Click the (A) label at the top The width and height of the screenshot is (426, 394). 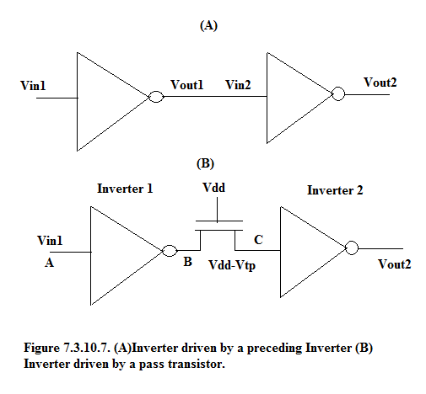pyautogui.click(x=208, y=25)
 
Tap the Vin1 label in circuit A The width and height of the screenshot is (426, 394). pyautogui.click(x=33, y=86)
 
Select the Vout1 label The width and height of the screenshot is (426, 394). pyautogui.click(x=187, y=85)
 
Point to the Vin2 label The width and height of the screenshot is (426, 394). pyautogui.click(x=238, y=85)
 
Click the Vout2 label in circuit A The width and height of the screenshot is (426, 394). pyautogui.click(x=380, y=83)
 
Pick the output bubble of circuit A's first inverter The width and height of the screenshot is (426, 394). pyautogui.click(x=156, y=97)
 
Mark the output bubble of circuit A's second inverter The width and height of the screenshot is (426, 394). pyautogui.click(x=338, y=93)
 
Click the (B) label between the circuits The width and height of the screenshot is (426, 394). pyautogui.click(x=205, y=163)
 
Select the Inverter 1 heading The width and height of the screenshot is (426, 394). pyautogui.click(x=125, y=189)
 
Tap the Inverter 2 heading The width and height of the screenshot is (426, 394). pyautogui.click(x=335, y=190)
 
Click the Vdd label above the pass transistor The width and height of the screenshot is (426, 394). pyautogui.click(x=213, y=188)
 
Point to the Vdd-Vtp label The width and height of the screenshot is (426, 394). pyautogui.click(x=232, y=265)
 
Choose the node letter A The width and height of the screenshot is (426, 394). pyautogui.click(x=49, y=263)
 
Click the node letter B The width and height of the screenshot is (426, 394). pyautogui.click(x=187, y=262)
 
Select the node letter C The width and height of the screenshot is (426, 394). pyautogui.click(x=258, y=240)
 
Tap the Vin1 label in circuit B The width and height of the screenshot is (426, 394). pyautogui.click(x=50, y=241)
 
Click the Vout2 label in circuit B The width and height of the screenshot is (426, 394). pyautogui.click(x=394, y=264)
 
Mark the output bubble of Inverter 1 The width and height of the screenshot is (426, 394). pyautogui.click(x=170, y=251)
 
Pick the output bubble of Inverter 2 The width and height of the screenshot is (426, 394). pyautogui.click(x=352, y=248)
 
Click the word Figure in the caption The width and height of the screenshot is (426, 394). pyautogui.click(x=41, y=349)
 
